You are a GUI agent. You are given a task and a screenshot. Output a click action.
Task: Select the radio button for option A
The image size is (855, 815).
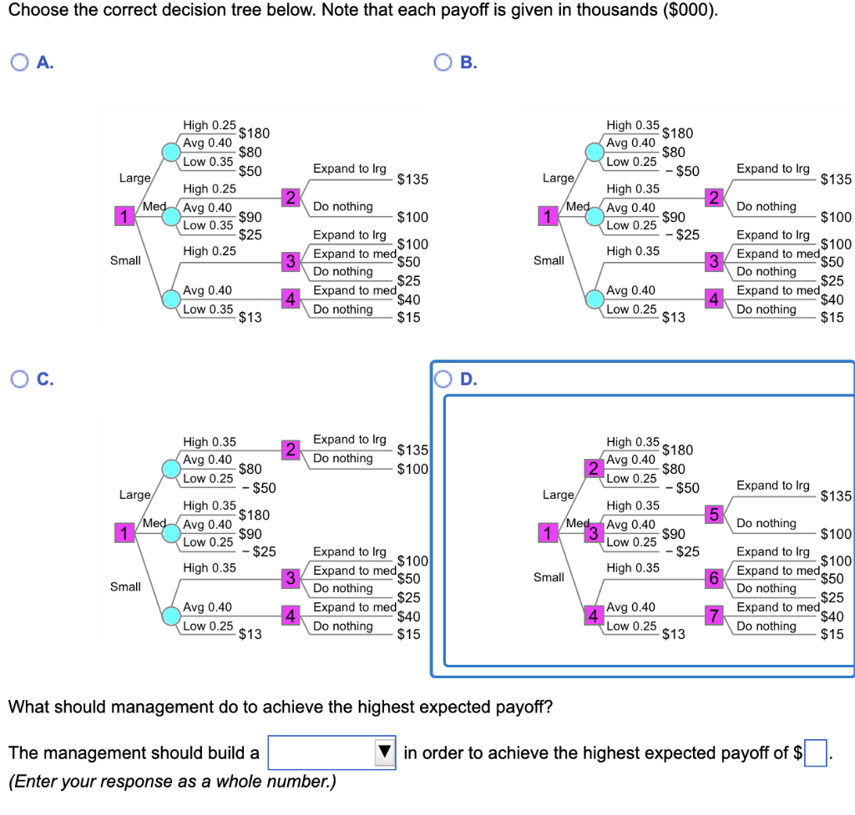pos(20,63)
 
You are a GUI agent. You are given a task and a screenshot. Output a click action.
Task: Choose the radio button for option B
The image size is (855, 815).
pos(443,63)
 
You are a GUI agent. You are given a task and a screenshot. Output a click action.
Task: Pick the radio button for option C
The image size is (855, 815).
pos(20,379)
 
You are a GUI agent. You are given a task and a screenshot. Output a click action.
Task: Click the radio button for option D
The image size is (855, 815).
pos(443,379)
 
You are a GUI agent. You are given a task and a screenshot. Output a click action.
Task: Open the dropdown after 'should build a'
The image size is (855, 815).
pos(331,752)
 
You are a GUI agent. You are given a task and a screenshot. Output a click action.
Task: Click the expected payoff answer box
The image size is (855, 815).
pos(815,753)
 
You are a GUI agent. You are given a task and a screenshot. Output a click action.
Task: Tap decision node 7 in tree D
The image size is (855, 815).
pos(714,616)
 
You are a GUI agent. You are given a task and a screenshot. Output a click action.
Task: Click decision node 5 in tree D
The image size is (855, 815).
pos(714,515)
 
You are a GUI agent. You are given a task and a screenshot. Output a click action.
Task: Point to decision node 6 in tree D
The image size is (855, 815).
pos(714,578)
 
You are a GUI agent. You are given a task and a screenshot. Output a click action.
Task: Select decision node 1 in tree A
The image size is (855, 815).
pos(124,216)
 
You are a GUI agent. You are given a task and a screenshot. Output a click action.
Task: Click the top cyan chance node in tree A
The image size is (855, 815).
pos(171,152)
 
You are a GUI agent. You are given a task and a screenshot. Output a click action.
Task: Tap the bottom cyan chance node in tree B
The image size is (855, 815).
pos(594,299)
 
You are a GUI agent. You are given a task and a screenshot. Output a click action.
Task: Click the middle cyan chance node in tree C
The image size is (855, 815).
pos(171,533)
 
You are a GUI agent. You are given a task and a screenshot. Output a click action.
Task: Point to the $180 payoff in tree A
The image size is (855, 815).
pos(254,133)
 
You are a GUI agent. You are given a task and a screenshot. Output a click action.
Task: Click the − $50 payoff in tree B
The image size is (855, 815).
pos(682,171)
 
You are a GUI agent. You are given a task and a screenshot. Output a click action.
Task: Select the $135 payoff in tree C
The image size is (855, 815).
pos(412,450)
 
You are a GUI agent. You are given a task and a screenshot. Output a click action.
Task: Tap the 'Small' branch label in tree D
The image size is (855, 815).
pos(549,577)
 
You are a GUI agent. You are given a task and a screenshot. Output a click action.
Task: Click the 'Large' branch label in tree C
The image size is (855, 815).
pos(134,495)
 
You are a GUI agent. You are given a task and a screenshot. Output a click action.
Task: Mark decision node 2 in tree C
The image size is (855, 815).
pos(291,450)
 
